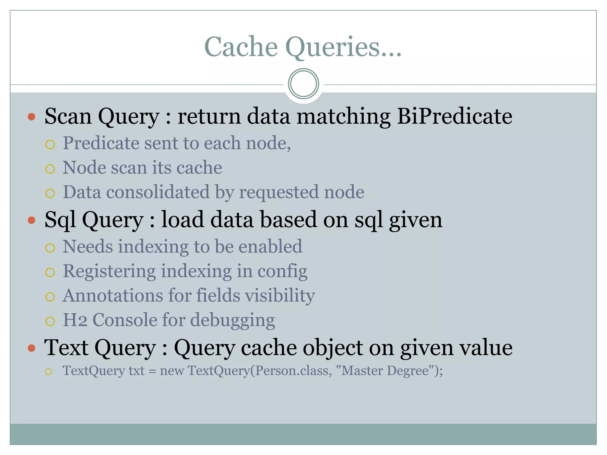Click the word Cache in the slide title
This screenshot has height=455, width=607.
coord(241,47)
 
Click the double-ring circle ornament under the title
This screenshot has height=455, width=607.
coord(303,84)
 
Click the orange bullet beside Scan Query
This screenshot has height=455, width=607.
coord(31,116)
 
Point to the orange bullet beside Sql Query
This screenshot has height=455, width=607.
coord(31,220)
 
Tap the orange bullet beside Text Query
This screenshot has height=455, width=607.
coord(31,348)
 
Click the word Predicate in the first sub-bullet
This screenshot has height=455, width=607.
coord(101,143)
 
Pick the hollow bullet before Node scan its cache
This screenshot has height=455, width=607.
coord(50,169)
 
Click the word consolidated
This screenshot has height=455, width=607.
coord(158,192)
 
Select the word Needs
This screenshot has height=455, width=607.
coord(88,246)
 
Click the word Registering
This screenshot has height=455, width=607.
coord(109,271)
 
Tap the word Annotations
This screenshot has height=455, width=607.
coord(113,296)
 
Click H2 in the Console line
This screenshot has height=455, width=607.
coord(75,320)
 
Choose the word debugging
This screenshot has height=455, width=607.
coord(232,321)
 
